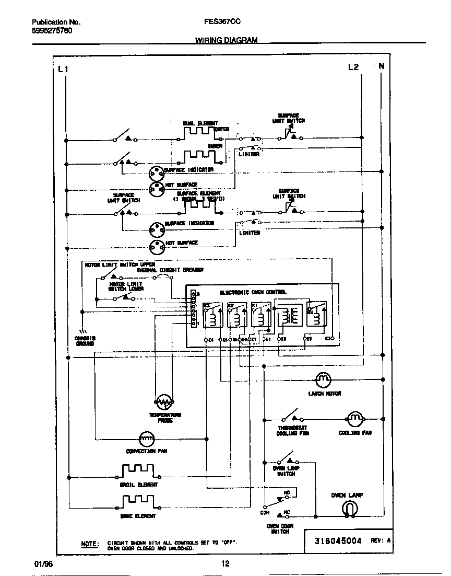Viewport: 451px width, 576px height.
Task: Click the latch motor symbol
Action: (x=323, y=379)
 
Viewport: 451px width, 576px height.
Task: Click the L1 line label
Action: (x=63, y=68)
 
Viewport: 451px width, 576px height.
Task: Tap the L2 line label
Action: (x=353, y=67)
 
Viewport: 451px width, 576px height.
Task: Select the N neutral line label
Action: (x=382, y=66)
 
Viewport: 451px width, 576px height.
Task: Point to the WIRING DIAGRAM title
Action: (x=226, y=40)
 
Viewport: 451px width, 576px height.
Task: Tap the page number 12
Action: (x=225, y=563)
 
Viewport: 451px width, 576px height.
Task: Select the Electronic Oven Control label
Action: (x=253, y=292)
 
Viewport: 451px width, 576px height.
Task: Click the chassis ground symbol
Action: (x=82, y=331)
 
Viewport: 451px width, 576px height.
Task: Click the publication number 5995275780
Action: (x=52, y=31)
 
